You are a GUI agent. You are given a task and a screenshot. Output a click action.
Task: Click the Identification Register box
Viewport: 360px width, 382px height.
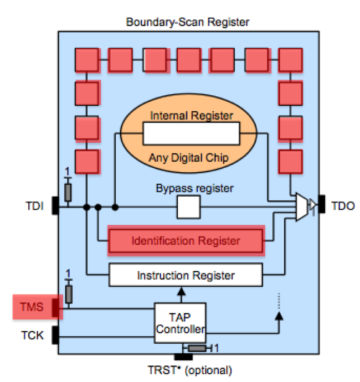point(186,241)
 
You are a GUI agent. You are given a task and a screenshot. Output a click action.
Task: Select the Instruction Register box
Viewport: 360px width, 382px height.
point(186,275)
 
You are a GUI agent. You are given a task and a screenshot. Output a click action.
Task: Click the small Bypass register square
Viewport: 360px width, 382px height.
point(188,208)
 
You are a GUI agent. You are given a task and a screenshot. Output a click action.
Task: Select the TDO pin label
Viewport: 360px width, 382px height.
point(343,207)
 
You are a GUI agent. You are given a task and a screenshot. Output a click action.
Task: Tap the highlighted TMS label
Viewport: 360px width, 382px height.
point(34,306)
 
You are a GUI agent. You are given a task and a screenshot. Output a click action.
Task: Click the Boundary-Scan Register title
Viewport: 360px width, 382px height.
point(188,23)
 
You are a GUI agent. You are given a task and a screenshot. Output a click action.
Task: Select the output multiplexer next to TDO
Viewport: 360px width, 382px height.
point(304,208)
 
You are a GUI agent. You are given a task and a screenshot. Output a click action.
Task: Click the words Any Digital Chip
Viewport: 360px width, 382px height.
point(189,158)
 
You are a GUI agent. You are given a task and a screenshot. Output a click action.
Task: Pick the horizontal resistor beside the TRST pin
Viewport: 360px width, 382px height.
point(197,349)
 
